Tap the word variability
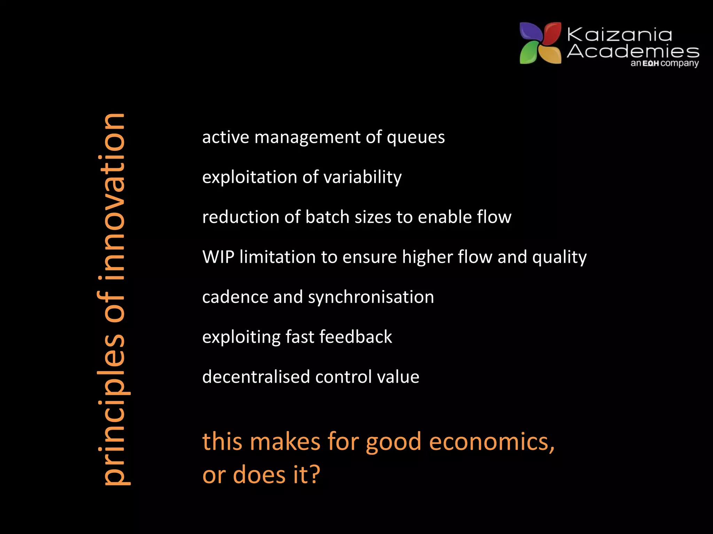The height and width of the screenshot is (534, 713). tap(362, 177)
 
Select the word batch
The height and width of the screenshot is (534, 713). tap(327, 217)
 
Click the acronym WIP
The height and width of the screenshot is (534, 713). tap(218, 257)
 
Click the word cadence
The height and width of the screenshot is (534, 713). tap(235, 297)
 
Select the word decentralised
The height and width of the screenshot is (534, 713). tap(256, 377)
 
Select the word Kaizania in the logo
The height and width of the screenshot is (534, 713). tap(619, 35)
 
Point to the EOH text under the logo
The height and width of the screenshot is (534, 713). tap(650, 64)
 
